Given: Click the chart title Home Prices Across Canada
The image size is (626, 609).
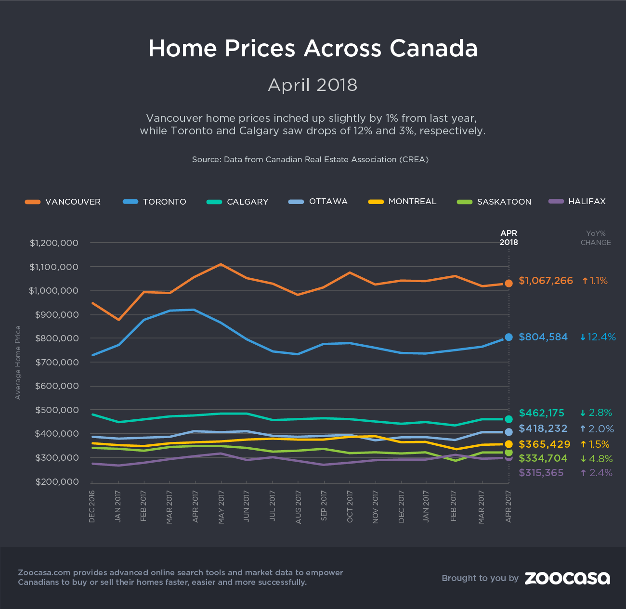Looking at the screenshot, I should (x=313, y=49).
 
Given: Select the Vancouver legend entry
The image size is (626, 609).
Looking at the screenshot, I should (x=63, y=202).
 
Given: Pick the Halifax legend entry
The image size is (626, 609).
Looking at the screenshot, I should (x=577, y=201).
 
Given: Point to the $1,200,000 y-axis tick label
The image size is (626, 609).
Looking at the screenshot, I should (x=54, y=243).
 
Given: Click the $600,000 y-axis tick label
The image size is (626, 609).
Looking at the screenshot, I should (x=56, y=386).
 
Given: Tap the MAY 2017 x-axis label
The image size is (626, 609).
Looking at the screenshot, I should (x=222, y=506).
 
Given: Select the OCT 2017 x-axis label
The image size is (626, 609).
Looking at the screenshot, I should (x=350, y=506).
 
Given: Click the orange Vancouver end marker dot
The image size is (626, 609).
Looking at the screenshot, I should (x=509, y=284).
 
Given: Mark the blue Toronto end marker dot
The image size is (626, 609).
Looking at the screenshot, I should (x=509, y=337).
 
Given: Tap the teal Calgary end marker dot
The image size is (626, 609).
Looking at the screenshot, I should (x=509, y=419).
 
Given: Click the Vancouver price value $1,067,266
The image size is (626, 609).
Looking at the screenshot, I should (x=546, y=281).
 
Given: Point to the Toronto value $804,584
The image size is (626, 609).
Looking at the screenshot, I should (x=543, y=337).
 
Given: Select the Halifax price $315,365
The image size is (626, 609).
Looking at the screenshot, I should (x=541, y=473).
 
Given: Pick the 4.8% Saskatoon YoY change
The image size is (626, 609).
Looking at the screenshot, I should (x=596, y=458).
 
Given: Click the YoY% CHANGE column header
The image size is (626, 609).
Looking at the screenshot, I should (x=596, y=238).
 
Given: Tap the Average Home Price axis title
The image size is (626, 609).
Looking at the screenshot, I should (x=18, y=363).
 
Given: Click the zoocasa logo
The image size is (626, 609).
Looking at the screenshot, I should (x=567, y=578).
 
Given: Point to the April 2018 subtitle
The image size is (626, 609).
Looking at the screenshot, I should (x=313, y=85).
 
